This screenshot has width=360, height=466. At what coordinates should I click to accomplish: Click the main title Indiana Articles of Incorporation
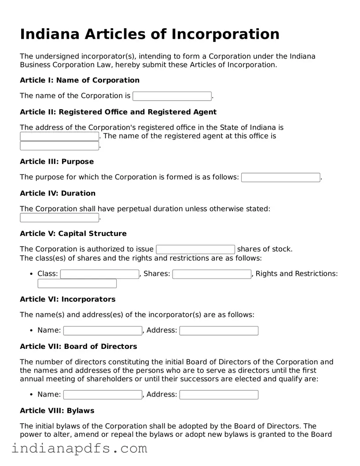pos(150,34)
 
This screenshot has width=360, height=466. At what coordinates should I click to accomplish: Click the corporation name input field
pos(172,96)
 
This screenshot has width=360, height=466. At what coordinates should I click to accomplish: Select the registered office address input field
pos(59,137)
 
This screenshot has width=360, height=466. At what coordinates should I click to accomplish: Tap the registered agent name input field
pos(59,146)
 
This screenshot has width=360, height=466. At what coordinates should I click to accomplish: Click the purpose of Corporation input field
pos(281,178)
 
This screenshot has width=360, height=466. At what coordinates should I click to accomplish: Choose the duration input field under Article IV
pos(59,218)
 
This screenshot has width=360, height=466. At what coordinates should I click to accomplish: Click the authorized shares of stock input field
pos(195,250)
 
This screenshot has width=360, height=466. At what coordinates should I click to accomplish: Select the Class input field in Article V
pos(99,274)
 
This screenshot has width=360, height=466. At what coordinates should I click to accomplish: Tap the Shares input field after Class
pos(212,274)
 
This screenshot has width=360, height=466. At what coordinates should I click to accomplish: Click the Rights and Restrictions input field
pos(77,284)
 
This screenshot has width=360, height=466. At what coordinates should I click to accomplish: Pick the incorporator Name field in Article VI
pos(103,331)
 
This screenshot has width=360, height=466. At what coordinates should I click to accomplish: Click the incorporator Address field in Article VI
pos(219,331)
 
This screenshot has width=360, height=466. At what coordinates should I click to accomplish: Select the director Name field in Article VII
pos(103,395)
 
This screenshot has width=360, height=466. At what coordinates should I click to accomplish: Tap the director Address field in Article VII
pos(219,395)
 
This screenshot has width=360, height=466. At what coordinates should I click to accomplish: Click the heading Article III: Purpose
pos(57,162)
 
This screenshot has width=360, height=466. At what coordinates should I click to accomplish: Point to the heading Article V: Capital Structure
pos(73,233)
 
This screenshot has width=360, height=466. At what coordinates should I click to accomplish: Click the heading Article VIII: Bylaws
pos(57,411)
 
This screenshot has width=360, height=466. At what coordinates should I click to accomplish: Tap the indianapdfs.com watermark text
pos(79,449)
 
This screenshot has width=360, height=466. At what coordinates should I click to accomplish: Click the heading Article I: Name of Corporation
pos(80,80)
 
